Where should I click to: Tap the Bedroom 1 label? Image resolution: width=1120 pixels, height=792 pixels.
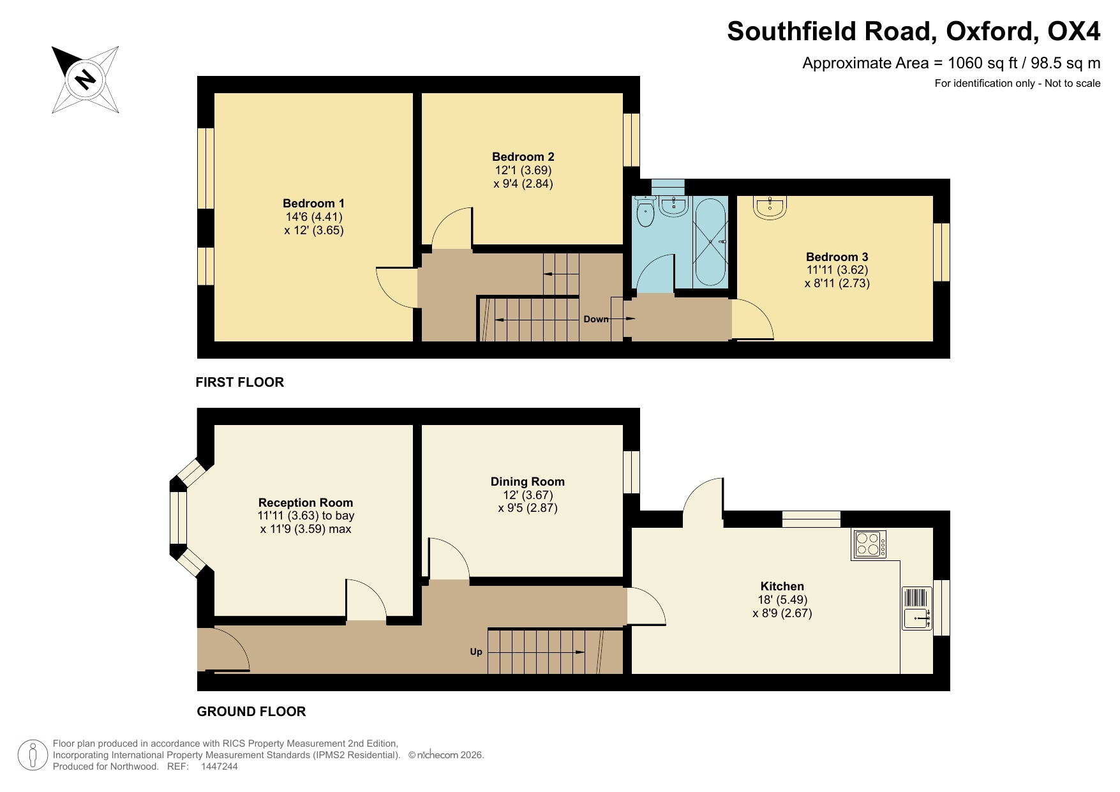click(313, 204)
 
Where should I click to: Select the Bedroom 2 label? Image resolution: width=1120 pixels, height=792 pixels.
click(523, 157)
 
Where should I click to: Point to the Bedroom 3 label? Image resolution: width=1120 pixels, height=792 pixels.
click(837, 257)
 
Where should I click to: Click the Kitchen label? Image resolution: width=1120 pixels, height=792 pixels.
click(782, 587)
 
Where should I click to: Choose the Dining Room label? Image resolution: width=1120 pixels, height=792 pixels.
click(527, 482)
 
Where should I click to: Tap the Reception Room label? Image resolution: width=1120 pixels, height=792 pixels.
click(305, 503)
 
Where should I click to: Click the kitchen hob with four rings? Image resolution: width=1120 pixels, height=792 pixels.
click(870, 544)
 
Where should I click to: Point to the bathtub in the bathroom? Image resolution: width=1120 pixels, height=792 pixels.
click(710, 243)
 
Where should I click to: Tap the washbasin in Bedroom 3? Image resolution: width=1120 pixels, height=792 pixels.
click(770, 207)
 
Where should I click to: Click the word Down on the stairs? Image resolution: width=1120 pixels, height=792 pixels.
click(595, 319)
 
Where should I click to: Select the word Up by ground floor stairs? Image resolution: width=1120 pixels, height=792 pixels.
click(476, 652)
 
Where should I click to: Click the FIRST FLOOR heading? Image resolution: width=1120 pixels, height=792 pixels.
click(239, 382)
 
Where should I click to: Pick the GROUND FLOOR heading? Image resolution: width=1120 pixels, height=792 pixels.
click(251, 712)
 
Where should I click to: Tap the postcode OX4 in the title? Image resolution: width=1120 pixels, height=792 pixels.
click(1074, 31)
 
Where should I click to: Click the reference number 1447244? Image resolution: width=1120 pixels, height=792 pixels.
click(219, 766)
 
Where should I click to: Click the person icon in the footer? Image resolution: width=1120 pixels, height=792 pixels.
click(33, 755)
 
